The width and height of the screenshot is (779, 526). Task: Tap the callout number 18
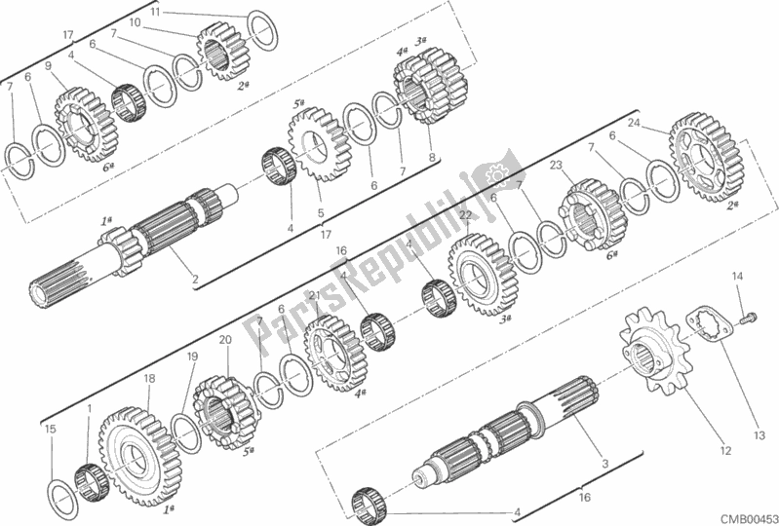tap(148, 378)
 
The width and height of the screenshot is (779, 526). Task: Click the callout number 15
tap(51, 428)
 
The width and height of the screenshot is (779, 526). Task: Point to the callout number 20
tap(225, 340)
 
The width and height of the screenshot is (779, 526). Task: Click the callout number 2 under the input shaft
tap(196, 281)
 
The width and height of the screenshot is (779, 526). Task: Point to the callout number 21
tap(314, 296)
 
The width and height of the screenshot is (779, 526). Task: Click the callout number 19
tap(192, 357)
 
